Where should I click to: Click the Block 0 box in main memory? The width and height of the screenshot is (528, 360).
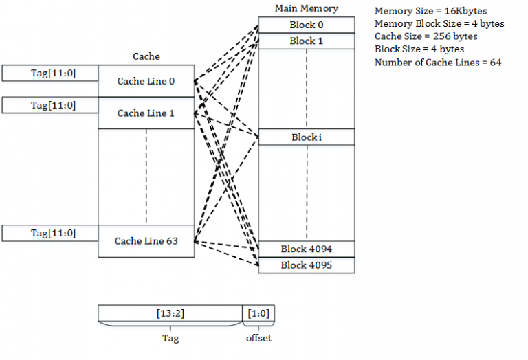click(x=306, y=25)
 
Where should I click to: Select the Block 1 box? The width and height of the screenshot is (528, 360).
click(x=306, y=41)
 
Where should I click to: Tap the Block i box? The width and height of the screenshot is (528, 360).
click(x=306, y=137)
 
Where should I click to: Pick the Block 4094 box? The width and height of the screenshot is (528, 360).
click(x=306, y=249)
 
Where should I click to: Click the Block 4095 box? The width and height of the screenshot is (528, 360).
click(x=306, y=265)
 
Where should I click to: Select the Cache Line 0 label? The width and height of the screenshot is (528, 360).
click(x=146, y=81)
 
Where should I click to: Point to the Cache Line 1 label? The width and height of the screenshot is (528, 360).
click(x=146, y=113)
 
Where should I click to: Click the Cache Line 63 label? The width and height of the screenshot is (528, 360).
click(x=146, y=241)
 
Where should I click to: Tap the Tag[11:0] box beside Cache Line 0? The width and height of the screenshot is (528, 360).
click(x=50, y=73)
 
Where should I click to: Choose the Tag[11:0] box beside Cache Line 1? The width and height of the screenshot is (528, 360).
click(x=50, y=105)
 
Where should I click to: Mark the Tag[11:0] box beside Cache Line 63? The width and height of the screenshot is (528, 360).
click(x=50, y=233)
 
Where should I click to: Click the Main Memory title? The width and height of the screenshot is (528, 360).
click(x=306, y=8)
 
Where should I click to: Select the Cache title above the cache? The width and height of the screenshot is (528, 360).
click(x=146, y=57)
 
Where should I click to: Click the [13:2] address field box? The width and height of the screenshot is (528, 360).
click(x=170, y=313)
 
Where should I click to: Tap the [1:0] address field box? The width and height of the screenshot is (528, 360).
click(x=258, y=313)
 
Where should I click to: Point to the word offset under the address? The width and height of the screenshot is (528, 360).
click(x=258, y=338)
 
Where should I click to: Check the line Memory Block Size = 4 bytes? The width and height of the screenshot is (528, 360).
click(x=439, y=24)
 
